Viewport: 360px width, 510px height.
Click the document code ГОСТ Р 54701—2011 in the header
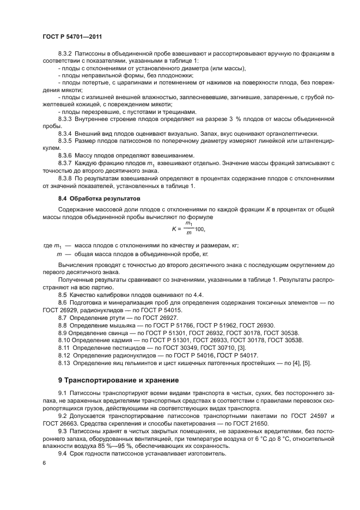pyautogui.click(x=72, y=36)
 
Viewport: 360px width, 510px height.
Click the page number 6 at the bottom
pyautogui.click(x=44, y=463)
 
